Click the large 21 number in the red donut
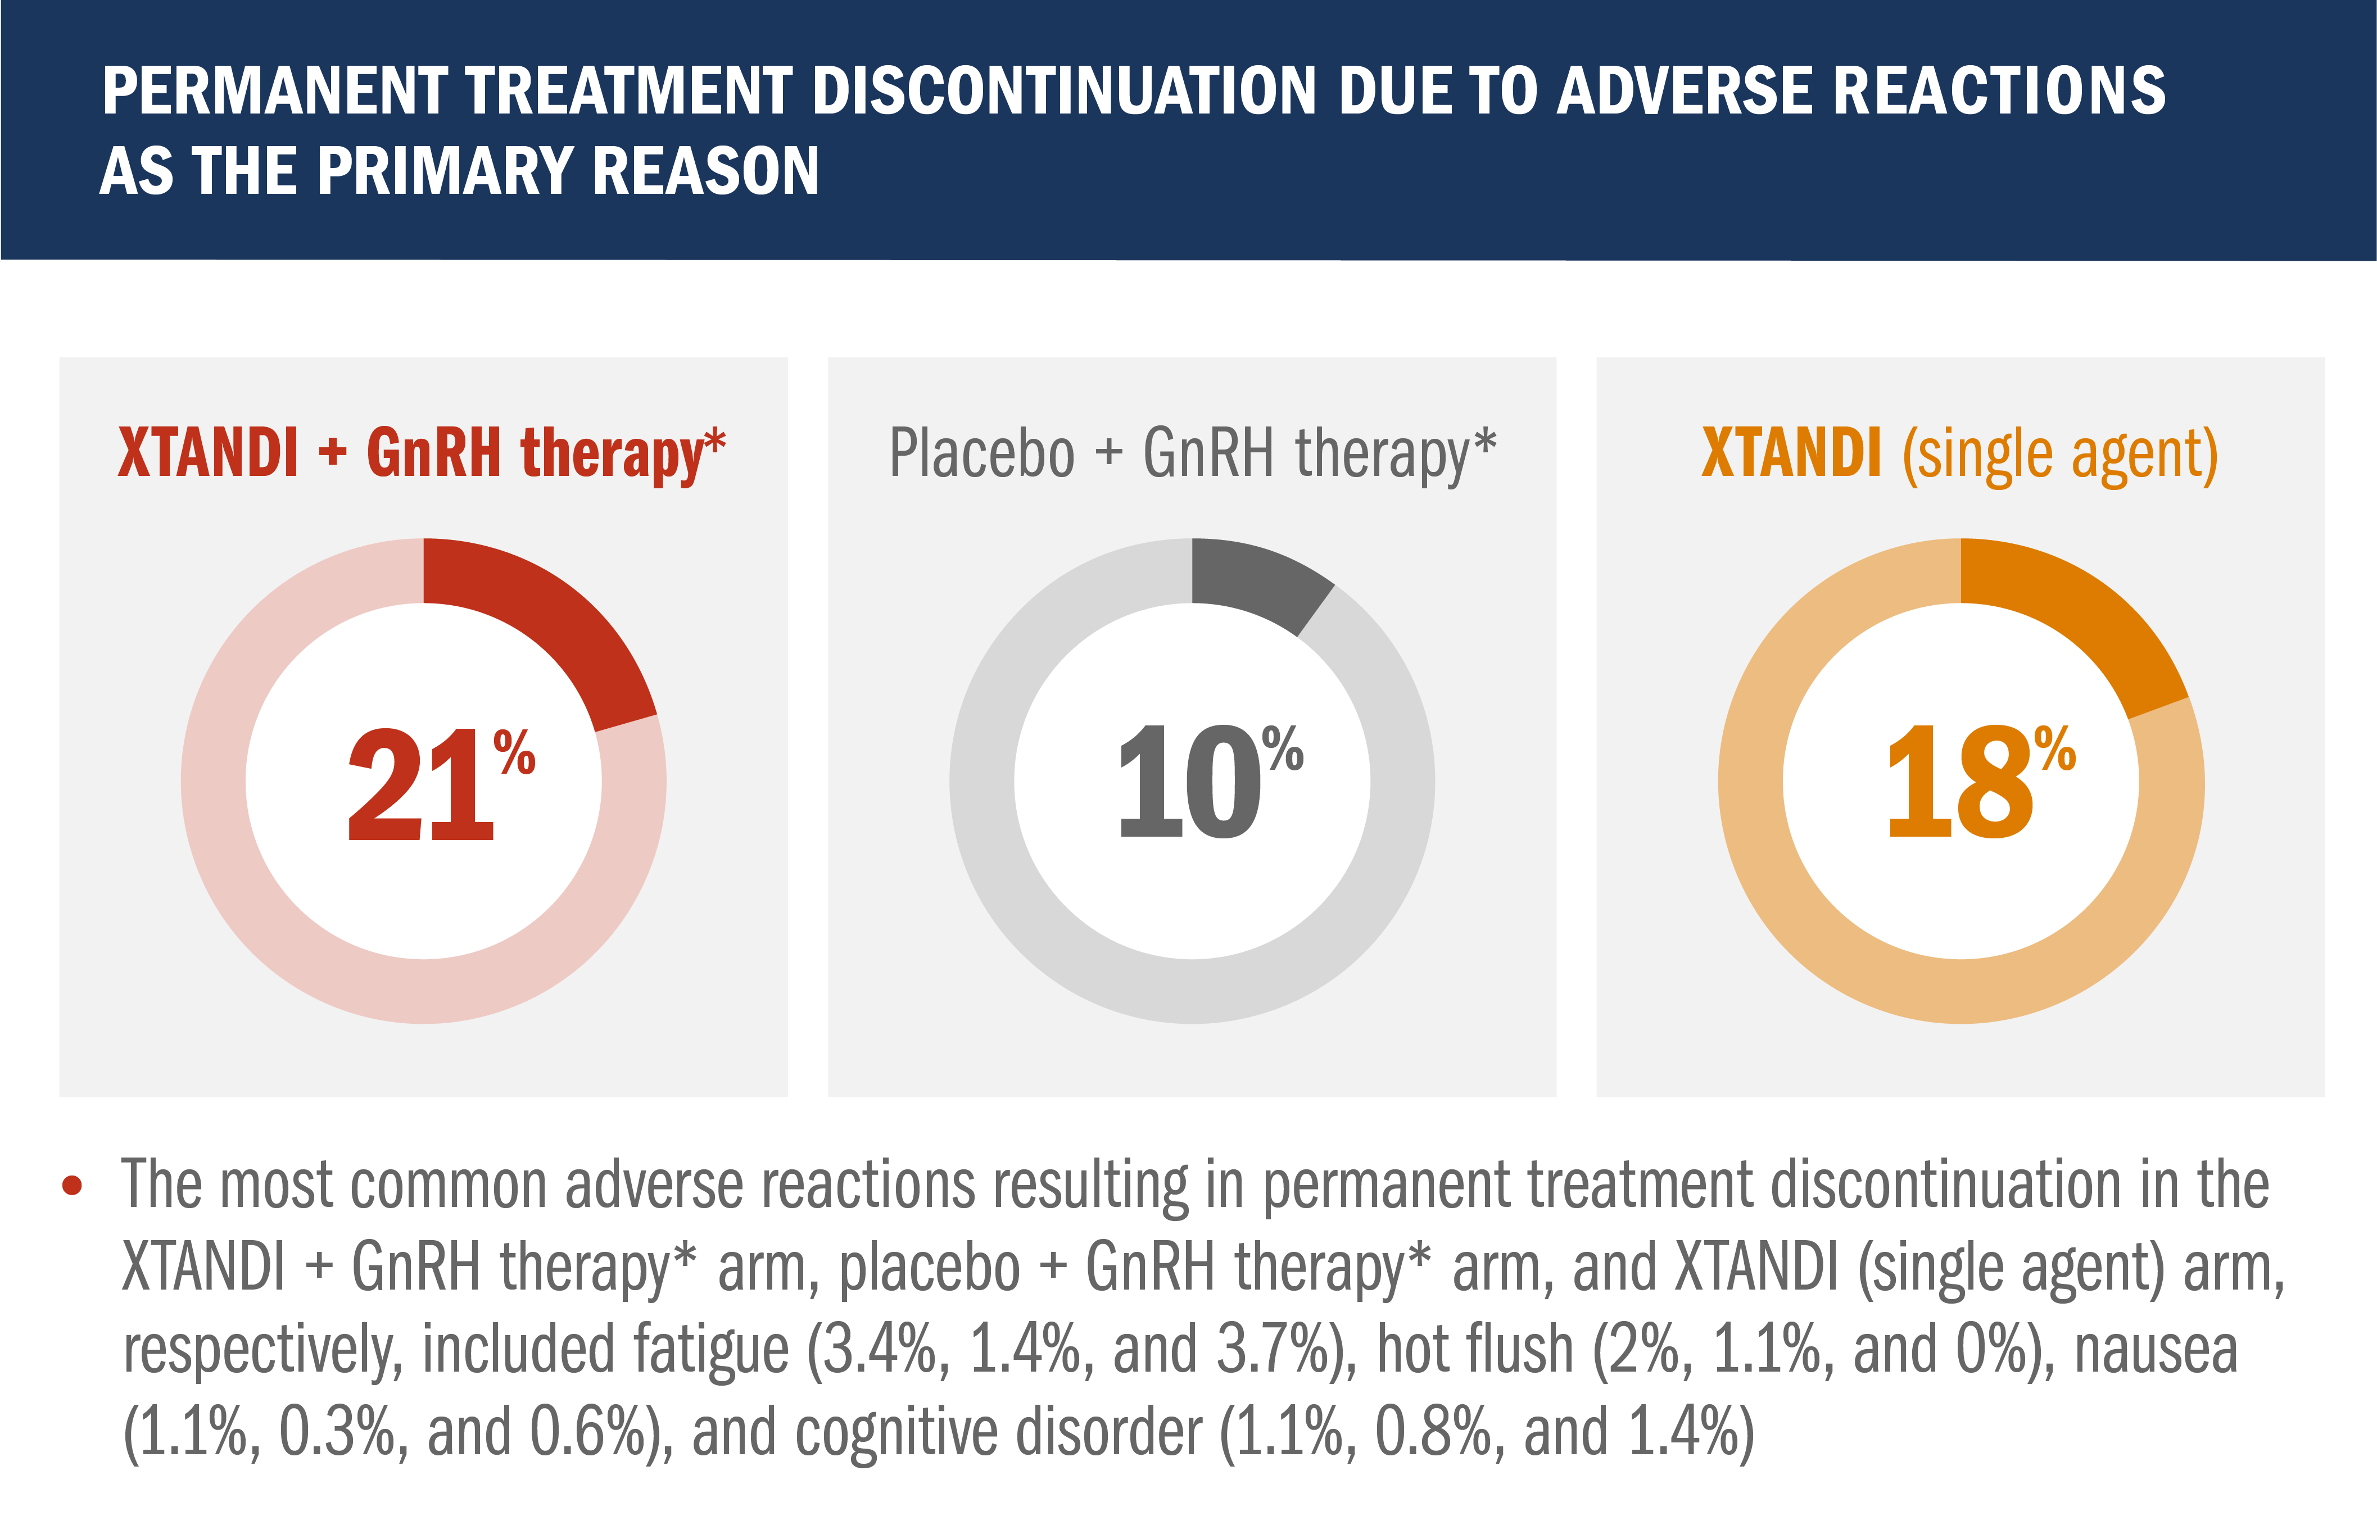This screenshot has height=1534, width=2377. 420,786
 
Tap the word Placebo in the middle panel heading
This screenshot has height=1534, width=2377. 981,454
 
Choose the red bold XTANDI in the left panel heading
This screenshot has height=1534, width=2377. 208,454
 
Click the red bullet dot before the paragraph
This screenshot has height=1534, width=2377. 72,1186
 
